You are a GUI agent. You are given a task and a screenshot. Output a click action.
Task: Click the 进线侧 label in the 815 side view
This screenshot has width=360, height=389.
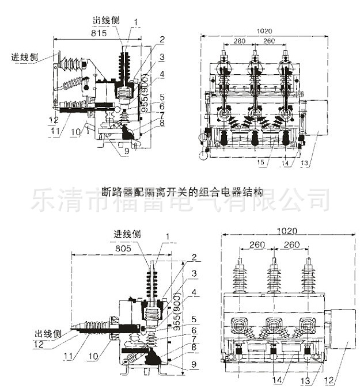pos(26,58)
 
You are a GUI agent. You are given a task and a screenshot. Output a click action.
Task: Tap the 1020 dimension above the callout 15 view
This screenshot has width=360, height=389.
pos(264,30)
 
